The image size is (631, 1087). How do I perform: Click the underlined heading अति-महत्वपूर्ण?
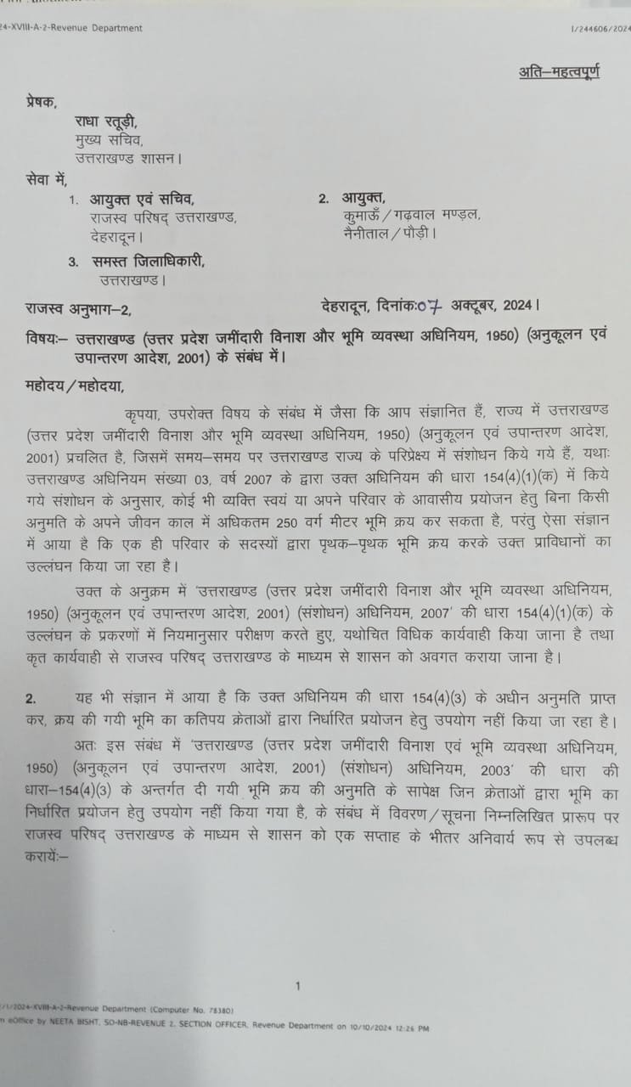559,72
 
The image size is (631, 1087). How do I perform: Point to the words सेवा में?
46,179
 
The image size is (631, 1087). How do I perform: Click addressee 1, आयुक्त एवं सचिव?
142,200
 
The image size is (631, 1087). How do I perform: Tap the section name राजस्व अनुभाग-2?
78,306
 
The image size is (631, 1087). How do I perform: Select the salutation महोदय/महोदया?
75,387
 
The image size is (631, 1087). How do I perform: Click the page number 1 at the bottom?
298,986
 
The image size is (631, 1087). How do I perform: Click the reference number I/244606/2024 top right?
600,29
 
